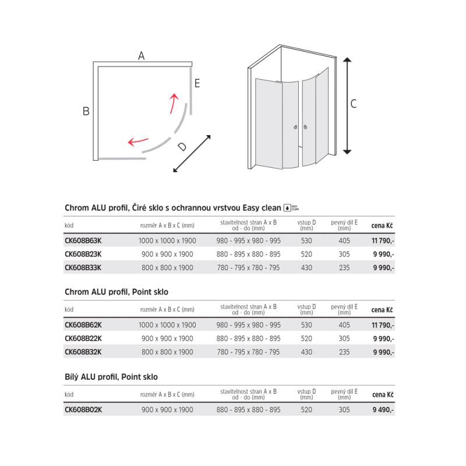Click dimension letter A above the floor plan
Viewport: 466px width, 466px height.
click(141, 57)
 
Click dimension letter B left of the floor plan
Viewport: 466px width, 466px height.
click(86, 111)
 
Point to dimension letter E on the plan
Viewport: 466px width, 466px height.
click(197, 83)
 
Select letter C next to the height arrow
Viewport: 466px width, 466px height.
click(353, 104)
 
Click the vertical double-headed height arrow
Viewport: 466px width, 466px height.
click(347, 105)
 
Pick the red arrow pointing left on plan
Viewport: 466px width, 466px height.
click(138, 142)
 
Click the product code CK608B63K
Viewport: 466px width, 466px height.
click(83, 241)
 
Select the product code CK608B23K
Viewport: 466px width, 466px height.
click(83, 254)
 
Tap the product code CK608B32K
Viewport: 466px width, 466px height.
click(83, 352)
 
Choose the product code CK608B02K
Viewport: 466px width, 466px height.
click(83, 410)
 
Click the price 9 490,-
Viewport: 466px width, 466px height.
click(383, 410)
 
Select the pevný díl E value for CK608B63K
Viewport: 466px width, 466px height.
click(344, 241)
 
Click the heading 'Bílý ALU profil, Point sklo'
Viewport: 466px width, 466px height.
click(110, 377)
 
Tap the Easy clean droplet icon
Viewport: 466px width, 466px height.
click(286, 207)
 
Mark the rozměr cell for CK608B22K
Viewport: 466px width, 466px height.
click(167, 338)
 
